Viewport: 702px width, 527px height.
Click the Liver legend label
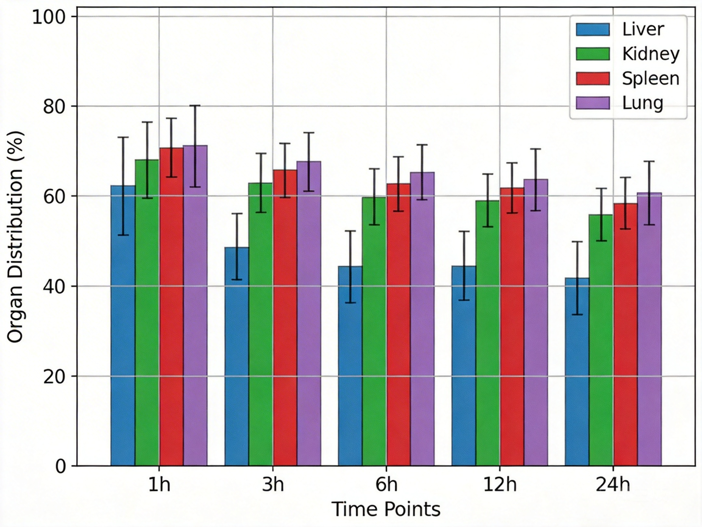click(643, 30)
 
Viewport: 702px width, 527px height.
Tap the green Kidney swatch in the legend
click(593, 54)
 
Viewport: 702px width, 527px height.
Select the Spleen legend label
click(651, 78)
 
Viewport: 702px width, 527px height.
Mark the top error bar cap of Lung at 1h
click(195, 106)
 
